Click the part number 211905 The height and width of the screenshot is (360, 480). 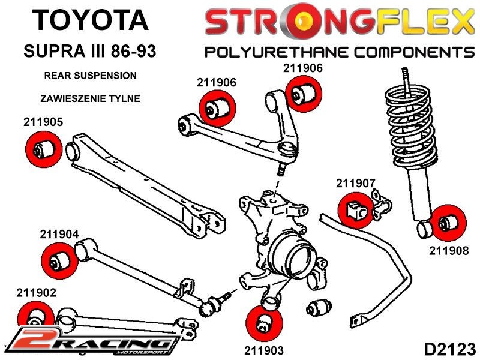pyautogui.click(x=43, y=122)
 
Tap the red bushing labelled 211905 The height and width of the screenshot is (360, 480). pyautogui.click(x=43, y=148)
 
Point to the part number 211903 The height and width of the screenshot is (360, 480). pyautogui.click(x=263, y=350)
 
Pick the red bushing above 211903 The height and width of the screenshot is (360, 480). pyautogui.click(x=263, y=323)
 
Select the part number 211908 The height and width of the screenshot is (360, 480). pyautogui.click(x=449, y=251)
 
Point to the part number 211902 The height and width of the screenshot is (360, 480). pyautogui.click(x=37, y=293)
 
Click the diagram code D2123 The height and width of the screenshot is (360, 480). pyautogui.click(x=449, y=348)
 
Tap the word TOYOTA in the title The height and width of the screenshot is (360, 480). pyautogui.click(x=89, y=20)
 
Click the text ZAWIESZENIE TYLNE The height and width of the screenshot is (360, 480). pyautogui.click(x=91, y=98)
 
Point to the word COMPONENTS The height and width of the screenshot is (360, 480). pyautogui.click(x=409, y=52)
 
